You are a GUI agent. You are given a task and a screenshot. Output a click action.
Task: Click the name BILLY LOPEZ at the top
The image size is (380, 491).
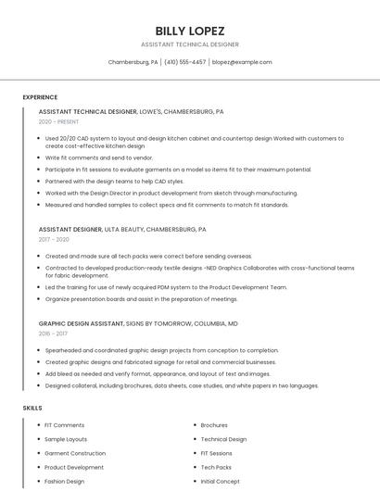coord(189,31)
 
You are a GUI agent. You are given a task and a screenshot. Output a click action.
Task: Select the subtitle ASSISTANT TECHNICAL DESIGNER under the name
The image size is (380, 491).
coord(189,44)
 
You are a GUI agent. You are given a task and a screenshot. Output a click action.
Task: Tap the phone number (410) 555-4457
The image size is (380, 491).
coord(184,62)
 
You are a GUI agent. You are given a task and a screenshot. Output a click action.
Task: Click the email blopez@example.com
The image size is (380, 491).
coord(242,62)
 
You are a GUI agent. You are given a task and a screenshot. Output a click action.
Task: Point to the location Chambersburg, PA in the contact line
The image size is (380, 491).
coord(133,62)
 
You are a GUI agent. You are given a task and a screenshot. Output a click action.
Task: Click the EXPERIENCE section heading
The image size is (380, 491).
coord(40,97)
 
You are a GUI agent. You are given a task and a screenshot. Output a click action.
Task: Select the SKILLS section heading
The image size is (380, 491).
coord(32,408)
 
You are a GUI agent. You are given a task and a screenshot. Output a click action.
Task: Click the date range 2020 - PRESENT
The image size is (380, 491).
coord(59,122)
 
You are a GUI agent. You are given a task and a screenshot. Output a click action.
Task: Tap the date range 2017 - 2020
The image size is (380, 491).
coord(54,239)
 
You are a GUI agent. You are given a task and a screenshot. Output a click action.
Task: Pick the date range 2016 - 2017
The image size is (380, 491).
coord(54,334)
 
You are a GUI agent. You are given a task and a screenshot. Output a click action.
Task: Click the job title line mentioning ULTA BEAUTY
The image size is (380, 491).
coord(122,229)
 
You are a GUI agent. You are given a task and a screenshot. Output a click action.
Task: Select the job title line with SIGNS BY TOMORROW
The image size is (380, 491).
coord(138,323)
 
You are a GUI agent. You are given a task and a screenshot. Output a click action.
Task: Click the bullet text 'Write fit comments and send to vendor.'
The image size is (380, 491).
coord(99,158)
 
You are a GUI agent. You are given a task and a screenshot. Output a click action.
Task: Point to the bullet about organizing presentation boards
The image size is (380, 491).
coord(141,299)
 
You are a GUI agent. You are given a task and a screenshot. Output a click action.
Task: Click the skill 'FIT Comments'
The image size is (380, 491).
coord(64,425)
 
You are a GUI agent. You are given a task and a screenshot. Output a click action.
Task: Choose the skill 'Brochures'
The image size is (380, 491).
coord(214,425)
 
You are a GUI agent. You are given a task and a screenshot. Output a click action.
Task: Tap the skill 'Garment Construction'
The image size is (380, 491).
coord(75,453)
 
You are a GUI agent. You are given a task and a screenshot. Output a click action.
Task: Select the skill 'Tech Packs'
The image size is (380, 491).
coord(216,468)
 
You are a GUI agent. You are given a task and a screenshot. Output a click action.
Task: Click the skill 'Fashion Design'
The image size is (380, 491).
coord(64,482)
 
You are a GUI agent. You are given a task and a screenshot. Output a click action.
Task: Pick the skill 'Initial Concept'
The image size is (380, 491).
coord(221,482)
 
